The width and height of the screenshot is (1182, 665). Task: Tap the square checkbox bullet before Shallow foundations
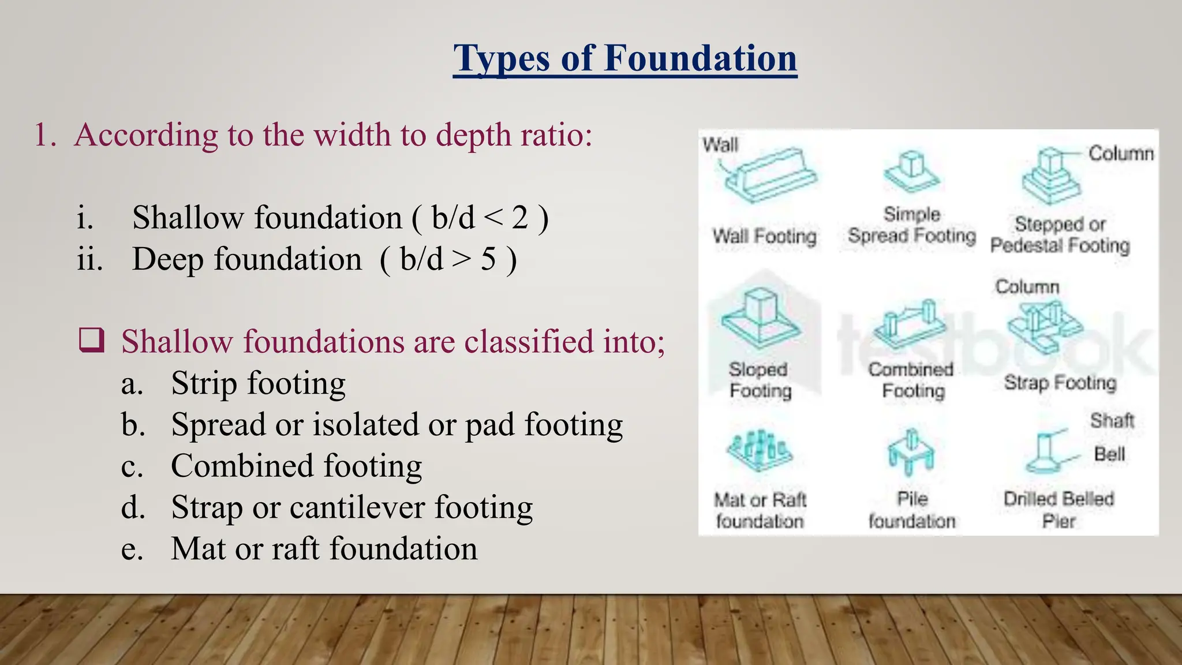tap(92, 340)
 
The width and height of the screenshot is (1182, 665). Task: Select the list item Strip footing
tap(258, 383)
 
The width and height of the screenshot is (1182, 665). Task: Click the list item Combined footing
tap(296, 466)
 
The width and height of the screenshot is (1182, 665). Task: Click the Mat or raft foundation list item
tap(324, 549)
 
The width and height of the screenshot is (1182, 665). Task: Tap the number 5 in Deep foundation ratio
tap(488, 259)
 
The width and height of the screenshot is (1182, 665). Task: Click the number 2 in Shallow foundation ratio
tap(519, 218)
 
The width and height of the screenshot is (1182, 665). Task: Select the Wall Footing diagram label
tap(764, 236)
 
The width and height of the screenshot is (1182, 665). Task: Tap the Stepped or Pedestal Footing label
tap(1060, 234)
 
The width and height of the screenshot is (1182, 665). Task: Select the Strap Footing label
tap(1060, 382)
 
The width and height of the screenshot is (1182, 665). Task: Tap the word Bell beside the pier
tap(1109, 454)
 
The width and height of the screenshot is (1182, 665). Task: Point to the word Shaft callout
tap(1112, 420)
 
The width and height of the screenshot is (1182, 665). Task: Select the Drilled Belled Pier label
tap(1058, 510)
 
